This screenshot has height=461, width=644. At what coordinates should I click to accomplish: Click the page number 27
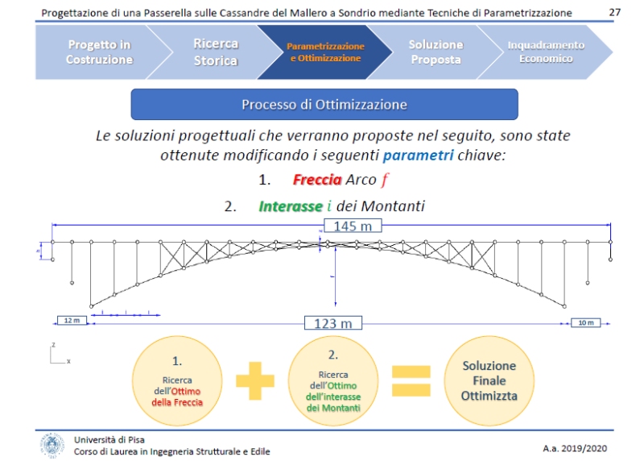(x=615, y=13)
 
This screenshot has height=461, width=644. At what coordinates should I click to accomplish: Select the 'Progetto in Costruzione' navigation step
(x=98, y=52)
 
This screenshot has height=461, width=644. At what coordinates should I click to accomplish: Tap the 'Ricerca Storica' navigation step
(x=215, y=52)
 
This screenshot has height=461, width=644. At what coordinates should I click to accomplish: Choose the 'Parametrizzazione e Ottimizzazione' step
(x=324, y=52)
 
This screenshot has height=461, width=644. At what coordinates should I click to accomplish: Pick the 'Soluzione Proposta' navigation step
(x=436, y=52)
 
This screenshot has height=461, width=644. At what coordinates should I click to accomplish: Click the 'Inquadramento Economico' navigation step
(x=546, y=52)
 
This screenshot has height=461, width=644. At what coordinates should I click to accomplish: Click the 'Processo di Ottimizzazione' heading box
(x=324, y=105)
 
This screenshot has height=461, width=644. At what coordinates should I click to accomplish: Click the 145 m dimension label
(x=352, y=226)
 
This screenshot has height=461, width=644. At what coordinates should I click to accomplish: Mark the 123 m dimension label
(x=332, y=323)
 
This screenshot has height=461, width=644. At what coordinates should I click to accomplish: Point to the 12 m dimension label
(x=72, y=321)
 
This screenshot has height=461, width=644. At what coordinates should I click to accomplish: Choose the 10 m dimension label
(x=585, y=323)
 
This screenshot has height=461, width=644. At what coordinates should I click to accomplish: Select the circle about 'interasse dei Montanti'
(x=333, y=380)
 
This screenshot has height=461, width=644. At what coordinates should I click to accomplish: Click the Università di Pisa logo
(x=52, y=444)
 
